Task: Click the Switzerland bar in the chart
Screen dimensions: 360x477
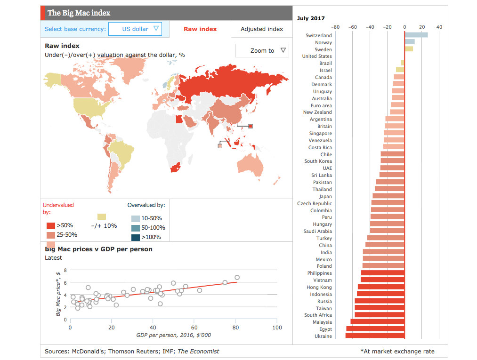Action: point(416,35)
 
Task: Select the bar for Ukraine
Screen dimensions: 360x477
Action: point(375,336)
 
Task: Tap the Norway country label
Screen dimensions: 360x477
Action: point(323,42)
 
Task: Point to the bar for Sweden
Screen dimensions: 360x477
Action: point(409,49)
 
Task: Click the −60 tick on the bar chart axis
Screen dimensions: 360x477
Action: point(353,27)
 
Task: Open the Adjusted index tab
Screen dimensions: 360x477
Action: point(262,29)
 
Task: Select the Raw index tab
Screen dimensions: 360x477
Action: point(200,29)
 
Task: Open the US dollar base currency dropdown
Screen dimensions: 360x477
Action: point(135,29)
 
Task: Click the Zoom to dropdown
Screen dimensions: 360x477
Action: point(262,51)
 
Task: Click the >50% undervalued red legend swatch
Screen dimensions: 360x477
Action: point(51,226)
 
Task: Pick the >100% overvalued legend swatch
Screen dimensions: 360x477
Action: point(135,237)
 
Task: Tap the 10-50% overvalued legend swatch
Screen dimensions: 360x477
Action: point(135,218)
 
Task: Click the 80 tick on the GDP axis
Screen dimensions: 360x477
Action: point(236,328)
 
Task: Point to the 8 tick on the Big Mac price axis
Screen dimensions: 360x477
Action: point(65,270)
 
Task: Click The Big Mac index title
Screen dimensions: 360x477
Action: point(79,13)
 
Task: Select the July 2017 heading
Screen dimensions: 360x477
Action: point(311,18)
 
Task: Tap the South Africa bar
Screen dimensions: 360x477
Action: point(380,315)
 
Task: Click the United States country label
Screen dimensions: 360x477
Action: point(317,56)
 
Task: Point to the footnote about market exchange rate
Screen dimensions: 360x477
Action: point(397,351)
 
